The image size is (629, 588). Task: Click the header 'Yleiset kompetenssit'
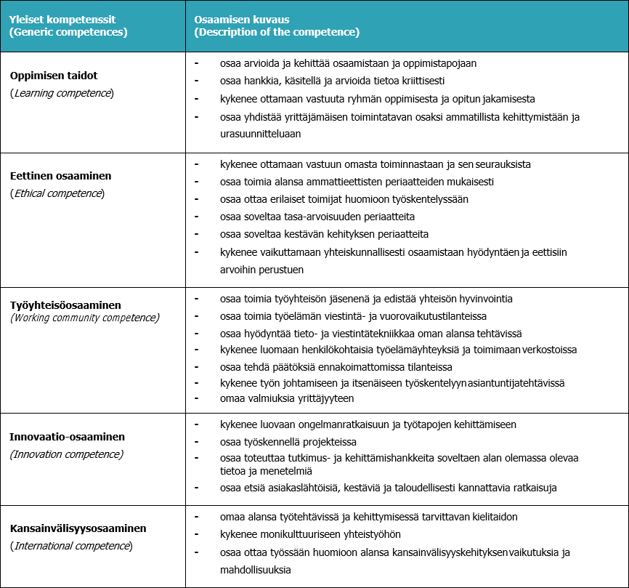pos(62,18)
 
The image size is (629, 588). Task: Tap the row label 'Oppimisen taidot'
pos(54,76)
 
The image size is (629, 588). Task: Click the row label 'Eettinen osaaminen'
pos(60,176)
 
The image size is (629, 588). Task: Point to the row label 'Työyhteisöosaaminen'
pos(65,305)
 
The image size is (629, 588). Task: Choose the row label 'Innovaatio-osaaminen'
pos(67,437)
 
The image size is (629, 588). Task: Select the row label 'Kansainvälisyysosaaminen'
pos(78,528)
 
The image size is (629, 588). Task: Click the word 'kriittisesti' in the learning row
pos(419,81)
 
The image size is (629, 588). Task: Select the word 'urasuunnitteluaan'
pos(260,134)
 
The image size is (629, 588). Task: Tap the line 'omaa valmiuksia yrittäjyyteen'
pos(287,398)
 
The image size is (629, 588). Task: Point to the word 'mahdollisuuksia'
pos(255,570)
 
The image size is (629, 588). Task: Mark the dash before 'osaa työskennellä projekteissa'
pos(197,440)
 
